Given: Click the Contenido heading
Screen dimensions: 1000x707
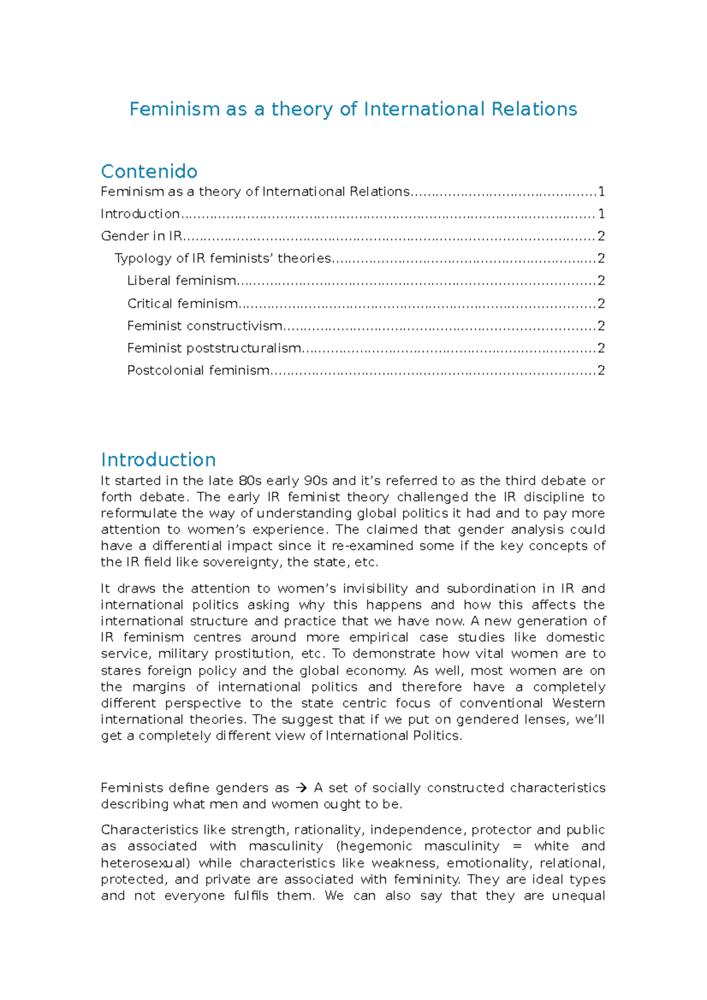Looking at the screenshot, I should coord(149,171).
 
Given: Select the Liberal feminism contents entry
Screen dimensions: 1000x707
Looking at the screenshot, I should coord(181,281).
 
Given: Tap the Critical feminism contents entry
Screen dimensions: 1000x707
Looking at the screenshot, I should coord(183,304).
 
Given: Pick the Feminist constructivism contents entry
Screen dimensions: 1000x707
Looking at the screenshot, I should coord(204,326).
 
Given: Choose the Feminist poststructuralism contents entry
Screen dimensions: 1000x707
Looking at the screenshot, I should coord(214,349).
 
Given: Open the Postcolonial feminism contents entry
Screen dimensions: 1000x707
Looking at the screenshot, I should coord(198,370).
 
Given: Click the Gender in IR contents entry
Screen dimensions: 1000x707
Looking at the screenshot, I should coord(141,236).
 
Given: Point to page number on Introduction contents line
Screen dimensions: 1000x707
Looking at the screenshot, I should coord(601,214).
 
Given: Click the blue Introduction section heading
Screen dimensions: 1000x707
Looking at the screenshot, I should coord(158,459).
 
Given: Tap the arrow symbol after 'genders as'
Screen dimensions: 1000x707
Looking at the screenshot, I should coord(301,788).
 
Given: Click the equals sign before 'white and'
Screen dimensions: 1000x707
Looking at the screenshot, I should coord(517,846).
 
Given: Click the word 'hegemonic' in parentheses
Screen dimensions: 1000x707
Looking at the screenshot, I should coord(377,846).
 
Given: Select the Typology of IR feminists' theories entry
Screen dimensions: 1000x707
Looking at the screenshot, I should coord(223,259).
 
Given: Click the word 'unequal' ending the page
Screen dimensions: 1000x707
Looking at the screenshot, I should coord(579,896).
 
